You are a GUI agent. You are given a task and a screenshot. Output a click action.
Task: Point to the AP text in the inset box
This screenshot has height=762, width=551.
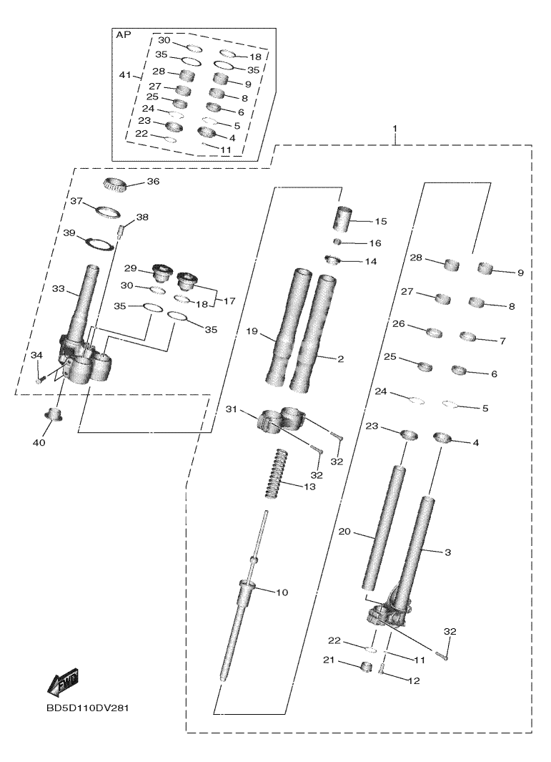(124, 34)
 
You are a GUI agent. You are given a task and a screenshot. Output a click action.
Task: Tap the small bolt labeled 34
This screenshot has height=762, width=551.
(41, 380)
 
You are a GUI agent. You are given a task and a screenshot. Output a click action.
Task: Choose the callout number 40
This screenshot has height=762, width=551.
(39, 443)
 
